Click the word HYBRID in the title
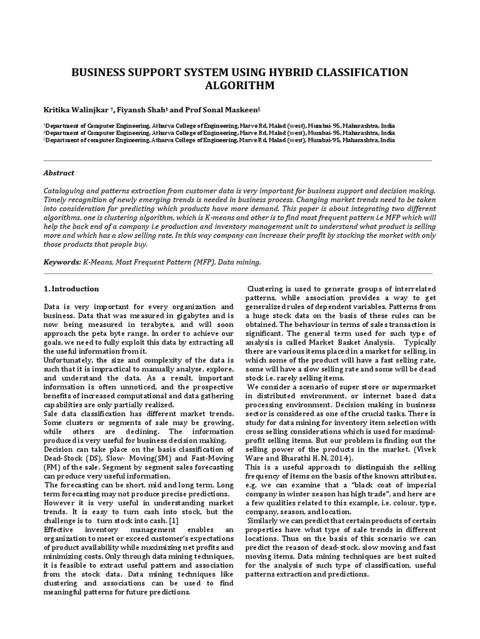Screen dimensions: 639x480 coord(272,73)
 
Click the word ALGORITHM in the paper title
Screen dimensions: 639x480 coord(239,86)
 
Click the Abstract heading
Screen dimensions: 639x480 coord(59,173)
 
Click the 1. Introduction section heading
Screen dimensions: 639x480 coord(71,289)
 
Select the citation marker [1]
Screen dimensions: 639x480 coord(175,503)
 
